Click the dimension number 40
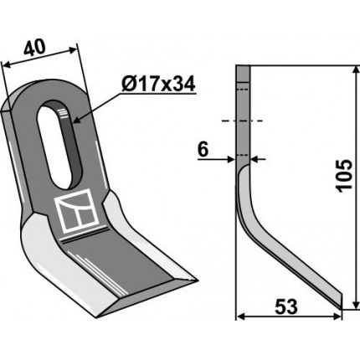[34, 47]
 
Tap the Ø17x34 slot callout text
[158, 84]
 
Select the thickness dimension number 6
[203, 150]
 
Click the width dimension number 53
[286, 306]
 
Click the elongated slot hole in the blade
[59, 145]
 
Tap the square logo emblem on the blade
[77, 210]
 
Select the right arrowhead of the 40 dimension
[73, 50]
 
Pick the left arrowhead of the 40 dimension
[6, 64]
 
